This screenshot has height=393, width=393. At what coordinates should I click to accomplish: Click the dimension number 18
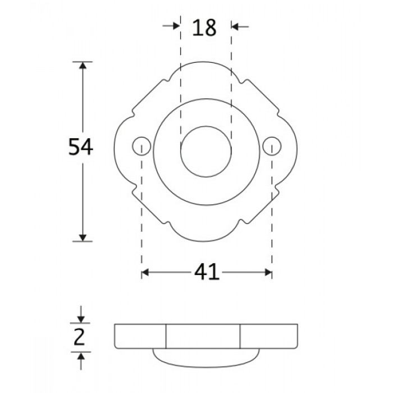204,28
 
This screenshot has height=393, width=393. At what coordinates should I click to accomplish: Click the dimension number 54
81,147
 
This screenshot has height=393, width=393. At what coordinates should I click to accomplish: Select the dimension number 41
207,272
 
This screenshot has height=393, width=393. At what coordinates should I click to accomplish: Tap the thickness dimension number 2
79,337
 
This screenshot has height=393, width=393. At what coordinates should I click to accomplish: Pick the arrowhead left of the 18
176,26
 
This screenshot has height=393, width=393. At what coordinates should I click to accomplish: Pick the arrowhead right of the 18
235,26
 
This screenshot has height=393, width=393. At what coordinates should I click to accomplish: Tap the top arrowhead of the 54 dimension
83,65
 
